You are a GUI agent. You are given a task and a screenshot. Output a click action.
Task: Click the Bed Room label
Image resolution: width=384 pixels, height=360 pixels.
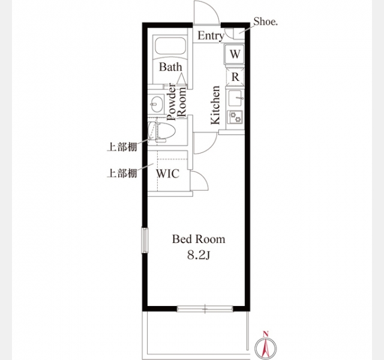tap(199, 239)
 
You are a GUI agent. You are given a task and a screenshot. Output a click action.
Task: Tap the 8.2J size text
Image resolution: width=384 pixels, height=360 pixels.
tap(199, 256)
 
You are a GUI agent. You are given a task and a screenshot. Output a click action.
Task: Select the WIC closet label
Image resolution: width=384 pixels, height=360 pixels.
tap(168, 173)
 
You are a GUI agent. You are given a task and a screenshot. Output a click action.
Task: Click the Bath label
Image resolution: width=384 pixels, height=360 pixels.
tap(170, 67)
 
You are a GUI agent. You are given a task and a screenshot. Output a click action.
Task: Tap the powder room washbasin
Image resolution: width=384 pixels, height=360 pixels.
tap(157, 104)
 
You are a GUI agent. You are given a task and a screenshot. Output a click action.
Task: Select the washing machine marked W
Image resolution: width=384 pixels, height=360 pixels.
tap(235, 54)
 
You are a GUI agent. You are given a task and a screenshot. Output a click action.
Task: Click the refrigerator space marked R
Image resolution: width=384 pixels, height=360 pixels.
tap(235, 77)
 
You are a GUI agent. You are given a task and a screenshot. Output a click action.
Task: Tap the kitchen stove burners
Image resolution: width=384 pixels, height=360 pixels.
tap(235, 116)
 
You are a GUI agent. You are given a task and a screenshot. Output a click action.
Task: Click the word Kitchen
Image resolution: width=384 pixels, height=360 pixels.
tap(215, 105)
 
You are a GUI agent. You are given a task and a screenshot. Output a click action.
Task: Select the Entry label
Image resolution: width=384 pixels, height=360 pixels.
tap(211, 36)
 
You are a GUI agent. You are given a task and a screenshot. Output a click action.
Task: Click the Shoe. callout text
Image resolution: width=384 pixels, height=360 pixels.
tap(265, 22)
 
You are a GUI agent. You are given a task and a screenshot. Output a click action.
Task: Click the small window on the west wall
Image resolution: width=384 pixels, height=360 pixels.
tap(145, 241)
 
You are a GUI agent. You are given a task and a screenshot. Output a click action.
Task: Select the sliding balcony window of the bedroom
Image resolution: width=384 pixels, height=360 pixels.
tap(205, 309)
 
